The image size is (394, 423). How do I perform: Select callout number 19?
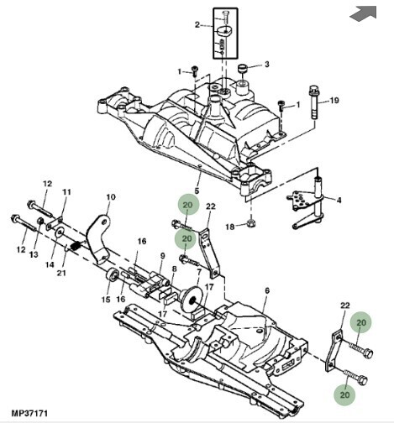pos(334,102)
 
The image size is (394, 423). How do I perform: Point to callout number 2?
pos(197,26)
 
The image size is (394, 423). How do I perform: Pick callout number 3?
pos(266,65)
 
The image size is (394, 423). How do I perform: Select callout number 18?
pos(230,227)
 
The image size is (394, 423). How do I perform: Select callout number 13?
pos(34,254)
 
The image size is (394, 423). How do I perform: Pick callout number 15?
pos(107,299)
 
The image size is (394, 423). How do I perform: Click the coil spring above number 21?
pos(73,246)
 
